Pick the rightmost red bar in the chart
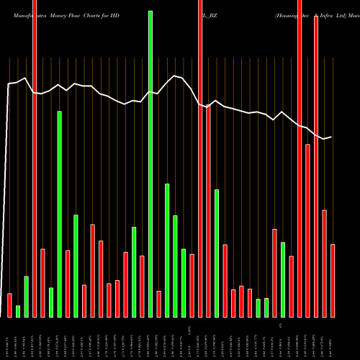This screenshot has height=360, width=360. [x=333, y=281]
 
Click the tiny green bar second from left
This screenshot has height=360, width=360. [x=18, y=311]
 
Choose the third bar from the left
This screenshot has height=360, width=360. [x=27, y=296]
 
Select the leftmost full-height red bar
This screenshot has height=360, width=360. [x=35, y=158]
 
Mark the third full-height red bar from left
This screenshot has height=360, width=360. [x=300, y=158]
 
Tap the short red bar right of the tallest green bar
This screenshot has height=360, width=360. [x=159, y=303]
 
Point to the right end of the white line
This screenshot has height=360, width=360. [x=331, y=137]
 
